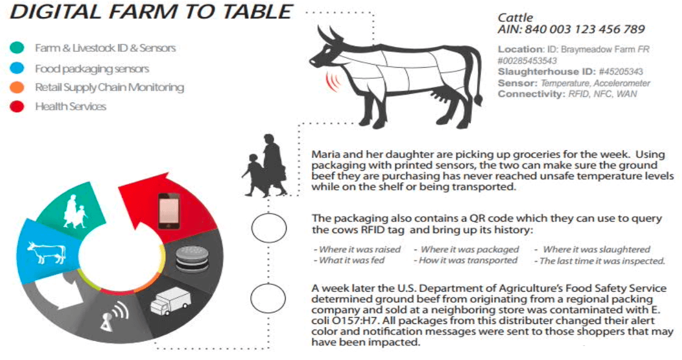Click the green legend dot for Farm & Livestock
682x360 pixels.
[18, 48]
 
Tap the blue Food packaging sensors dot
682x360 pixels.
[18, 68]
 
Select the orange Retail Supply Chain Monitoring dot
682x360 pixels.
[18, 87]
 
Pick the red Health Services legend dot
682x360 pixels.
[18, 106]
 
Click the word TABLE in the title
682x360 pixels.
[256, 12]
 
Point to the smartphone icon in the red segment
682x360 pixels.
[169, 211]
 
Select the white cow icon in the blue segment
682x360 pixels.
[46, 251]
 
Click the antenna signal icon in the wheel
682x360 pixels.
[114, 317]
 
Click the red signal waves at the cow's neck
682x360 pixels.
[333, 81]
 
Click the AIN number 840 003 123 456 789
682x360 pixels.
[584, 30]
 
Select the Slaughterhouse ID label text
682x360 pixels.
[547, 71]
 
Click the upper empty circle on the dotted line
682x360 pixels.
[269, 228]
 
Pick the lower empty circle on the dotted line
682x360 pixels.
[268, 298]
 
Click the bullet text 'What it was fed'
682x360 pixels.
[350, 261]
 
